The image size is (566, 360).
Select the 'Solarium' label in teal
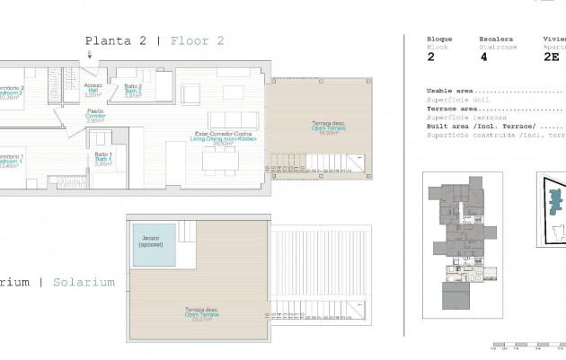point(84,282)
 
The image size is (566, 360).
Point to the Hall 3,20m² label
point(93,90)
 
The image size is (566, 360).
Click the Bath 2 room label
point(134,90)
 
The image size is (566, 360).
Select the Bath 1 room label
point(103,160)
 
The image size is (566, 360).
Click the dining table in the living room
point(213,159)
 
